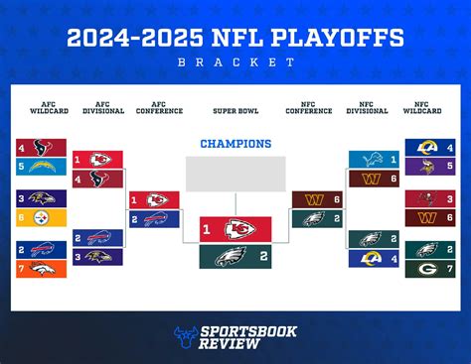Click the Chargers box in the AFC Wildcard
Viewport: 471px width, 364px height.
coord(47,166)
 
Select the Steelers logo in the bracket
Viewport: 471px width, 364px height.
coord(47,217)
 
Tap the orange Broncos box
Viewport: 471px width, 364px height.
coord(47,268)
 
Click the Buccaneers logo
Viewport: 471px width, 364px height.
coord(423,198)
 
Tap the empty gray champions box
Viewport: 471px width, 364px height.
coord(235,174)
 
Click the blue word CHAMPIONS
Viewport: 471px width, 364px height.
coord(235,144)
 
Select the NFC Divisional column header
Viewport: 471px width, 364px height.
coord(361,107)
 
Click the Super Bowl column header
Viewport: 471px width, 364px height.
coord(235,110)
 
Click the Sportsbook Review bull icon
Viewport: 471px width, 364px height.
coord(185,337)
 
